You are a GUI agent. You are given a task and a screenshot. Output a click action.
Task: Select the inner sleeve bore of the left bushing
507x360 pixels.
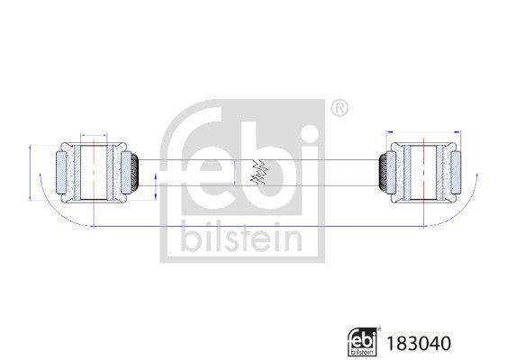[x=94, y=171]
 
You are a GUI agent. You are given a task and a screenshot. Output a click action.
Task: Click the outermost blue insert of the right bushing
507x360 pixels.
[x=455, y=171]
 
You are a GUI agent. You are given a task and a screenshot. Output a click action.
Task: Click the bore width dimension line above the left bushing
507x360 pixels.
[x=94, y=132]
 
